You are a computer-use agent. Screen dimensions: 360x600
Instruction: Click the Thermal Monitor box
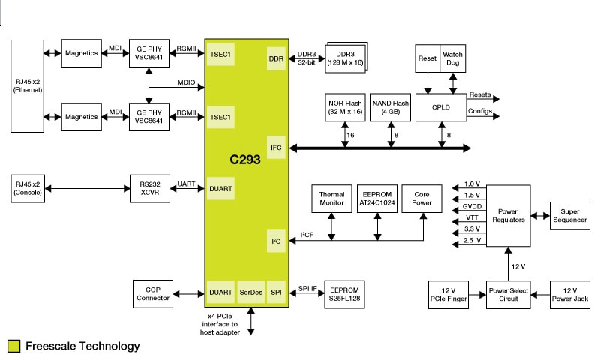tap(331, 198)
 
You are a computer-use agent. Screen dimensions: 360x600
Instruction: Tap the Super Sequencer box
tap(569, 216)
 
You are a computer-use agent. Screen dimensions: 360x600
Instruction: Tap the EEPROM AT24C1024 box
tap(376, 198)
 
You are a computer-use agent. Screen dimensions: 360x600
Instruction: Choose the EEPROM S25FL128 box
tap(345, 293)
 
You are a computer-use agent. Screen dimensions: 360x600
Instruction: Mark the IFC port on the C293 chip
tap(276, 148)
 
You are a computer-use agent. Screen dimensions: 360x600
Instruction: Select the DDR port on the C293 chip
tap(276, 58)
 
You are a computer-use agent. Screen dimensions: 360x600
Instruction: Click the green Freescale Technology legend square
tap(13, 346)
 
